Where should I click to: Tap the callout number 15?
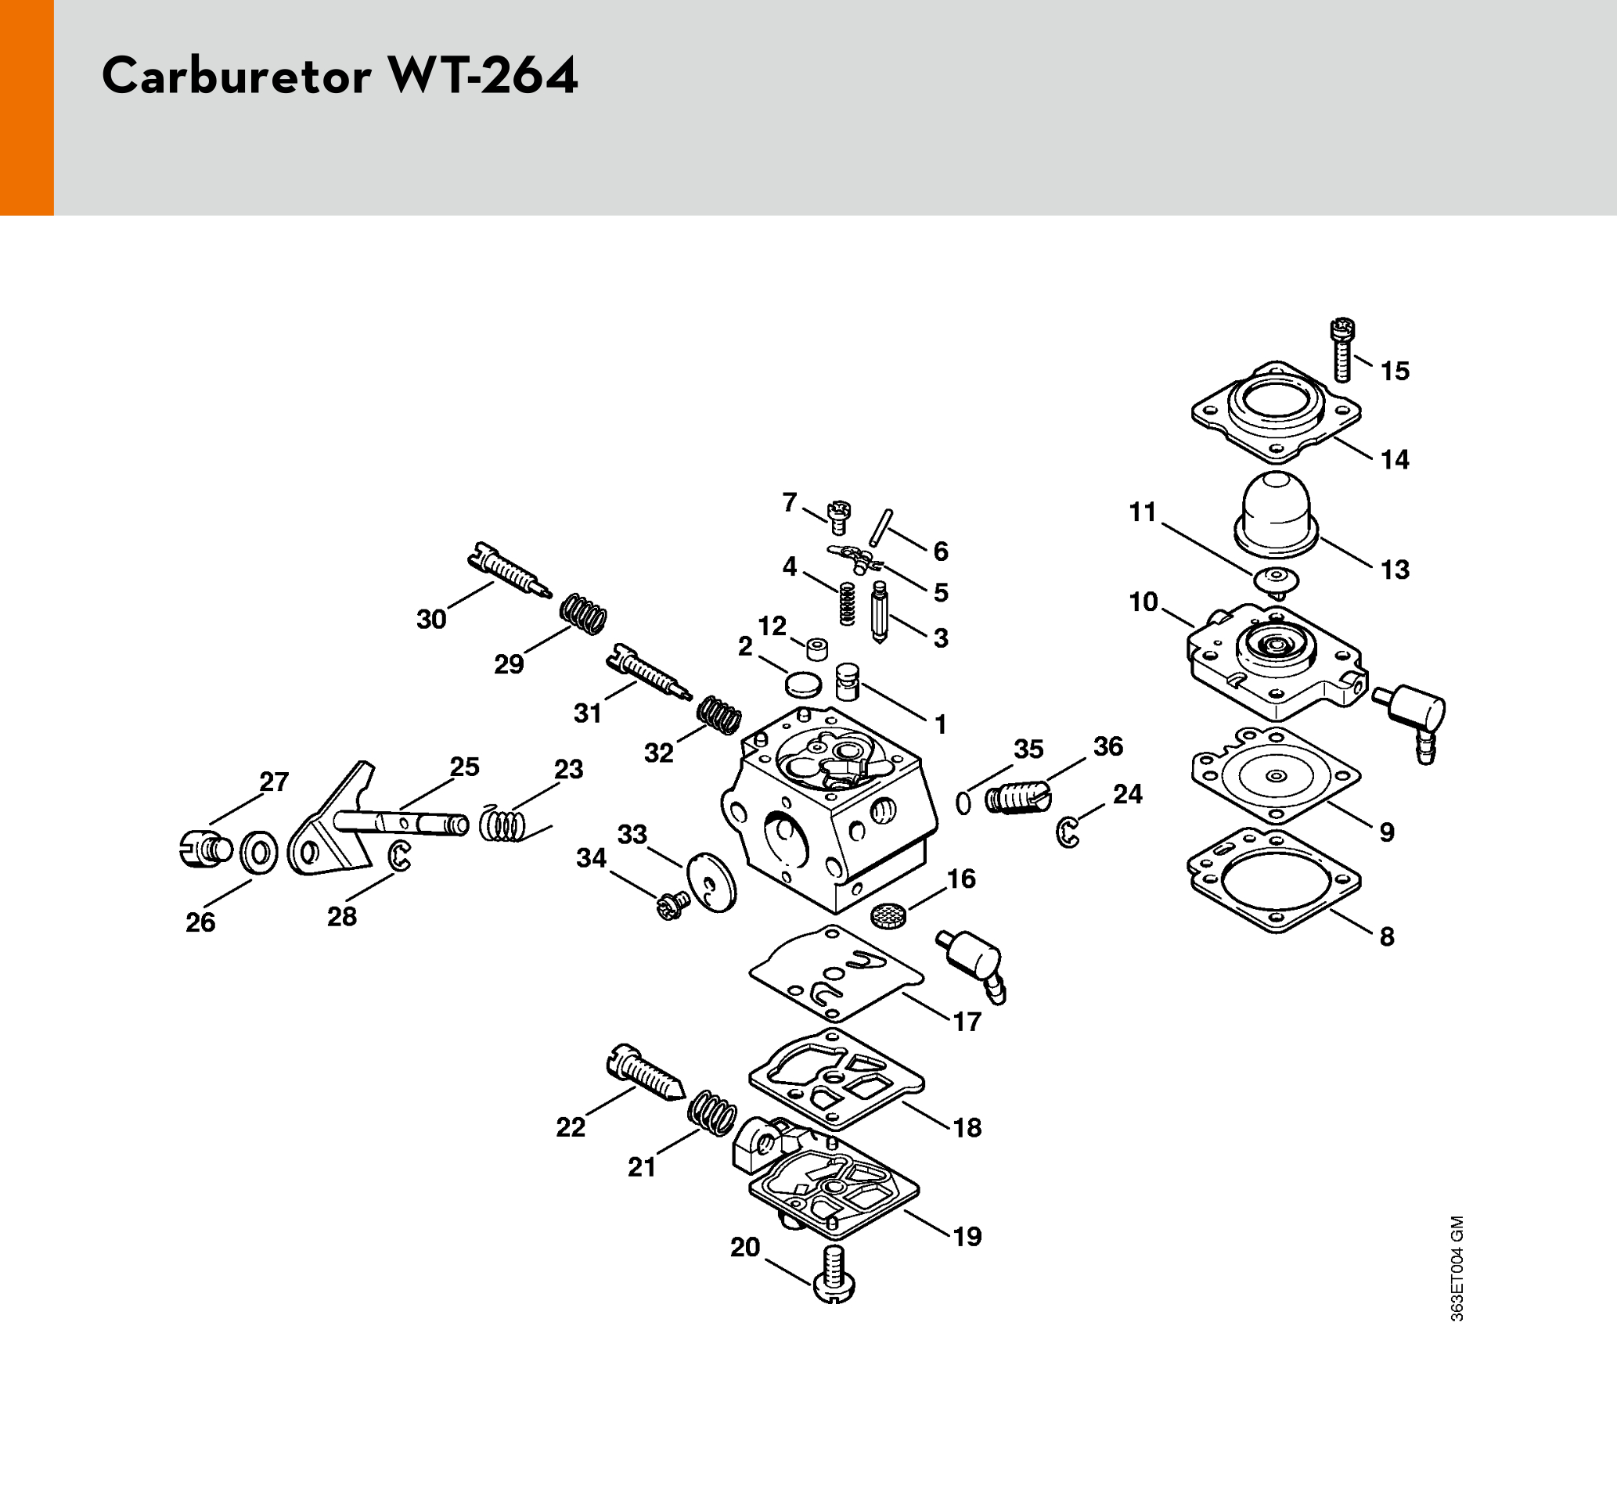pyautogui.click(x=1395, y=372)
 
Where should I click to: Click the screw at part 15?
pyautogui.click(x=1342, y=351)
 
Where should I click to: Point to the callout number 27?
pyautogui.click(x=274, y=782)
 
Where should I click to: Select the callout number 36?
pyautogui.click(x=1107, y=746)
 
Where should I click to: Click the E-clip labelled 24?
pyautogui.click(x=1069, y=833)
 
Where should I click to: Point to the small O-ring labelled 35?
pyautogui.click(x=963, y=803)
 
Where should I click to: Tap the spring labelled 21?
pyautogui.click(x=712, y=1112)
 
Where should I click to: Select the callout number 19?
pyautogui.click(x=967, y=1237)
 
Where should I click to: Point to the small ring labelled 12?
pyautogui.click(x=817, y=649)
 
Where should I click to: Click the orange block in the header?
pyautogui.click(x=27, y=107)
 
